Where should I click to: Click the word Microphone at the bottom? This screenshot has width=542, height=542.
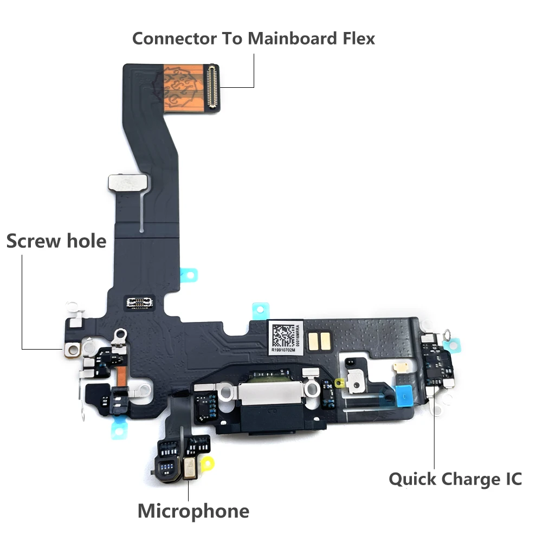pos(193,511)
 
